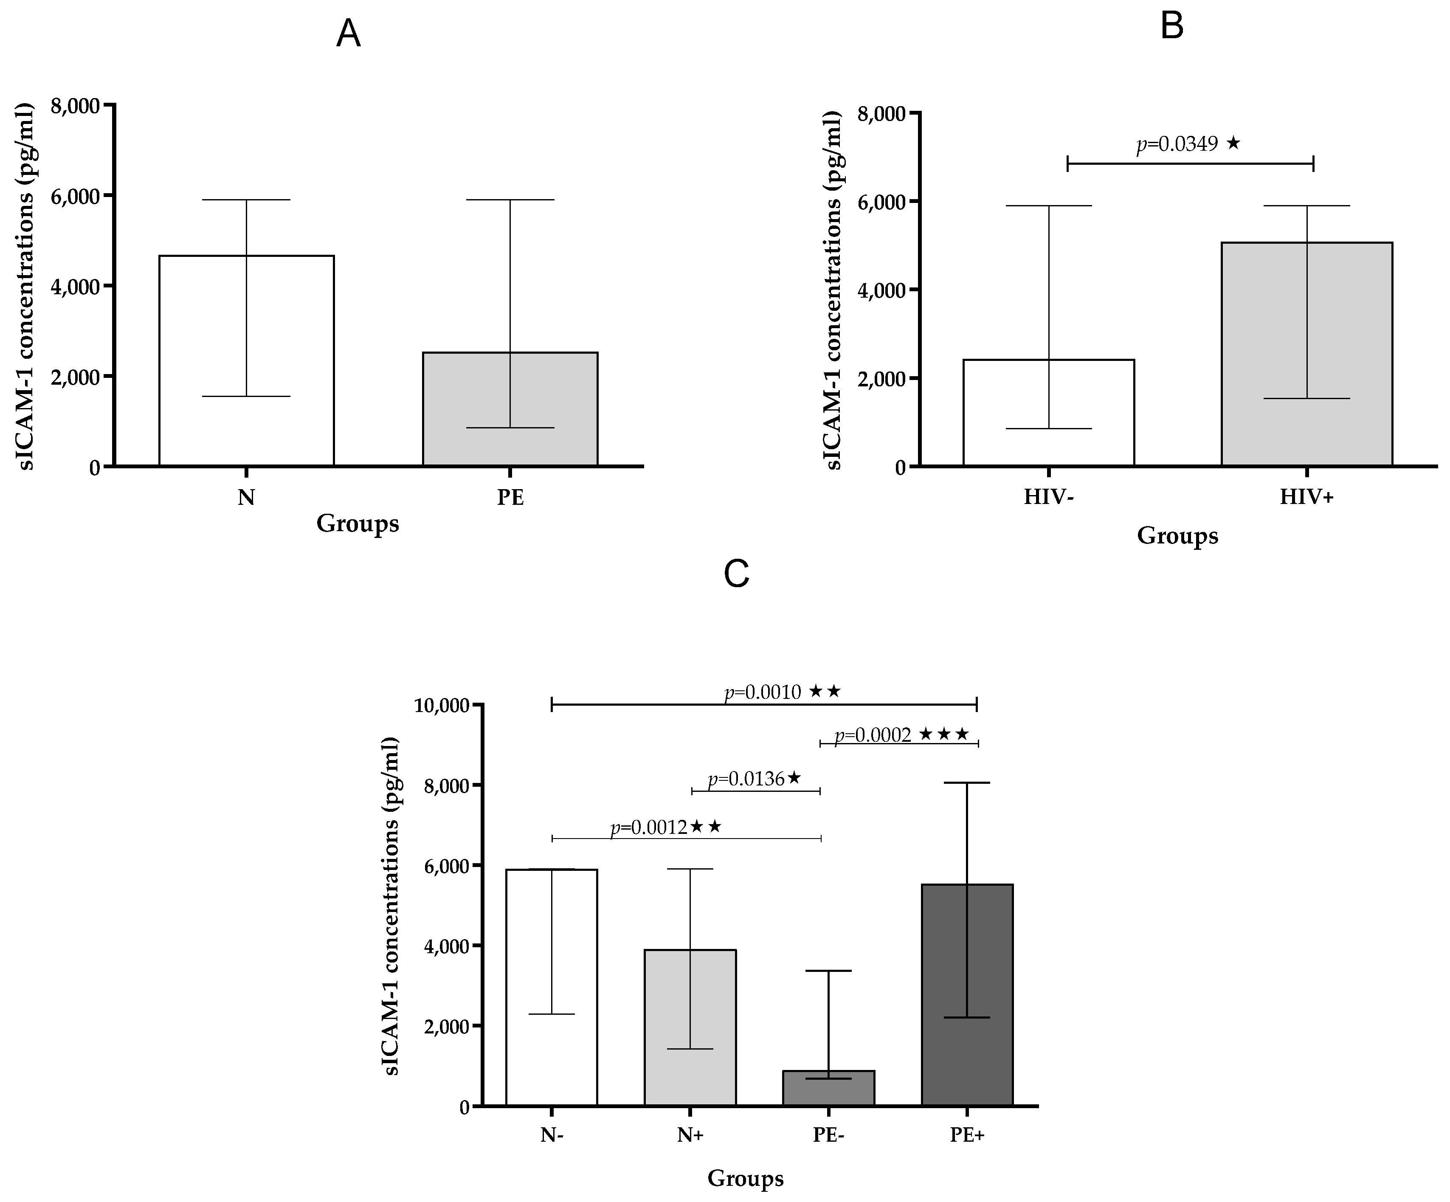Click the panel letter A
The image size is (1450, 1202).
click(x=348, y=34)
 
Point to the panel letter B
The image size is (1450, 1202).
click(x=1172, y=26)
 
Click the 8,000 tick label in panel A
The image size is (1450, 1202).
click(x=76, y=106)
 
